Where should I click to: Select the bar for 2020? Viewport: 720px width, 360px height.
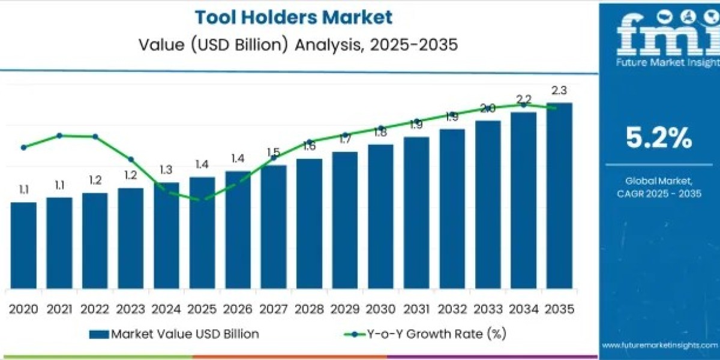[x=23, y=245]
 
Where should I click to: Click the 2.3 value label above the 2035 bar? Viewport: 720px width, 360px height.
[x=559, y=91]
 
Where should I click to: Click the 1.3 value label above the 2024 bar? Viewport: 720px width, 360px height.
[x=166, y=170]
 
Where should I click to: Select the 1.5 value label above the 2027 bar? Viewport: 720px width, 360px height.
[x=274, y=152]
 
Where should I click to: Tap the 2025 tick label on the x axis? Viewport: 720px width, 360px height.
[x=202, y=309]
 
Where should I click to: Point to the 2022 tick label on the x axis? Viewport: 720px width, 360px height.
[x=95, y=309]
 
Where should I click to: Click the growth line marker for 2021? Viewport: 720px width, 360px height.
[x=59, y=136]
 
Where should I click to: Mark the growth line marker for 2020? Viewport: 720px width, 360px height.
[x=23, y=147]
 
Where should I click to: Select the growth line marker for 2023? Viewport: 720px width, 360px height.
[x=131, y=160]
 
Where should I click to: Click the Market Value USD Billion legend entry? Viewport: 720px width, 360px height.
[x=174, y=334]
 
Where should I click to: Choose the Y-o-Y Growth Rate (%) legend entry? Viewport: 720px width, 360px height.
[x=426, y=334]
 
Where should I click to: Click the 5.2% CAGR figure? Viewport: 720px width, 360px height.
[x=659, y=139]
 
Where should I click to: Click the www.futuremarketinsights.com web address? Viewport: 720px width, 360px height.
[x=660, y=345]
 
